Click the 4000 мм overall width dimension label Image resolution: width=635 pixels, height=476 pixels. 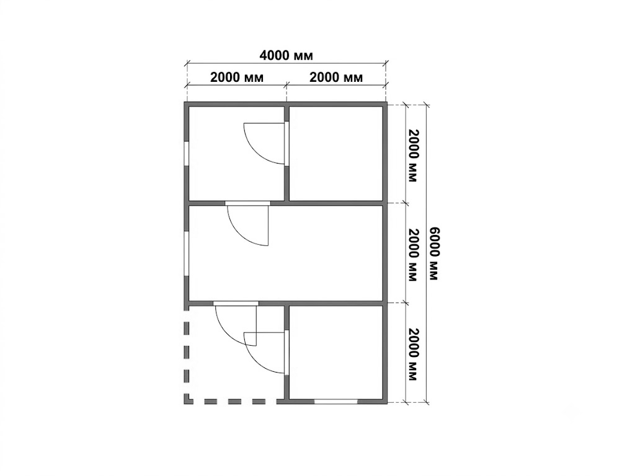(x=286, y=55)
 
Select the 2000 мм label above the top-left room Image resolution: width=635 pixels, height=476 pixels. (x=236, y=77)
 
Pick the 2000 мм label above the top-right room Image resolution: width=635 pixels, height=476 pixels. (x=336, y=77)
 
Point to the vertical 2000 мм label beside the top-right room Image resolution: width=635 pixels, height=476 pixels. (x=412, y=156)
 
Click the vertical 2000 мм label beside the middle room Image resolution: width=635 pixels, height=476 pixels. (x=412, y=255)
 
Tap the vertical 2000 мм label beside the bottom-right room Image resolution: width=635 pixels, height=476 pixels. (x=412, y=355)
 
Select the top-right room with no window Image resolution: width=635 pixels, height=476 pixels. (x=336, y=154)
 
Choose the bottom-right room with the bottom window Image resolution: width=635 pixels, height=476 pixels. (x=336, y=352)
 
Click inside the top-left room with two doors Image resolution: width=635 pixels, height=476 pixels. (x=236, y=154)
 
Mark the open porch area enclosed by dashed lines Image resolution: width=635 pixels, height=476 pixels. (x=235, y=353)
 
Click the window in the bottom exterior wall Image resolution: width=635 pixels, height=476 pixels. (x=336, y=402)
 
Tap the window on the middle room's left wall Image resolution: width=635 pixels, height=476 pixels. (x=186, y=253)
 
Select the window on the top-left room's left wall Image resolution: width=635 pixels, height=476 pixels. (x=186, y=154)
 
